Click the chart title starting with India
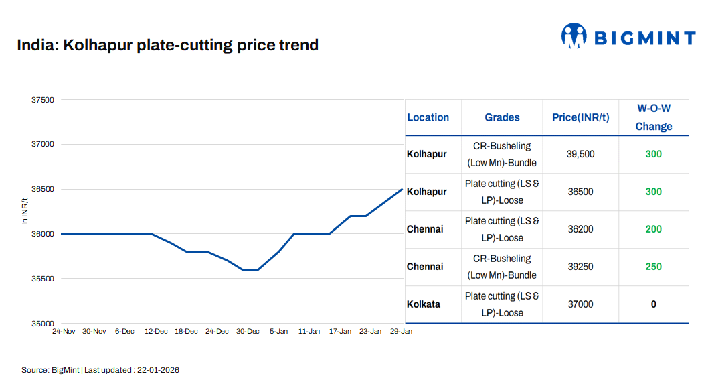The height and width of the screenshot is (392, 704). click(x=168, y=46)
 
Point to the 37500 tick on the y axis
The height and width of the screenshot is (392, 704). click(x=43, y=100)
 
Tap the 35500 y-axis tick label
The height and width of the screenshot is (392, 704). click(x=43, y=279)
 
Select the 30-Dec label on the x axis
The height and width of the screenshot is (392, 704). click(x=248, y=331)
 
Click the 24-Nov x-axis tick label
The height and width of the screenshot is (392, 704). click(x=64, y=331)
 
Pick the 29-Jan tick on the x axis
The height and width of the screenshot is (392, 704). click(x=401, y=331)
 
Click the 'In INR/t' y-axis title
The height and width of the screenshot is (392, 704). click(x=25, y=211)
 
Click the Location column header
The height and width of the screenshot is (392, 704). click(x=428, y=117)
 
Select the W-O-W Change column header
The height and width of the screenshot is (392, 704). click(x=653, y=117)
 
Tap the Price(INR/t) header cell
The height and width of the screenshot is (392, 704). click(x=580, y=117)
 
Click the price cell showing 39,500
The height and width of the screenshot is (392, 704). click(x=580, y=154)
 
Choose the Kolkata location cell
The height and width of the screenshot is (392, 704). click(x=424, y=304)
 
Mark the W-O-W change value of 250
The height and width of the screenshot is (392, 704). click(x=653, y=267)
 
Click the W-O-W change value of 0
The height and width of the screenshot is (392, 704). click(x=653, y=304)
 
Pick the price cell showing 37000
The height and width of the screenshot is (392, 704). click(x=580, y=304)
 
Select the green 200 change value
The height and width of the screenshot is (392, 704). click(x=653, y=229)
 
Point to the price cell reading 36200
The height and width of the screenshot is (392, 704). click(x=580, y=229)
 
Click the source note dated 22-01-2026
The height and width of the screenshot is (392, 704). click(x=100, y=370)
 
